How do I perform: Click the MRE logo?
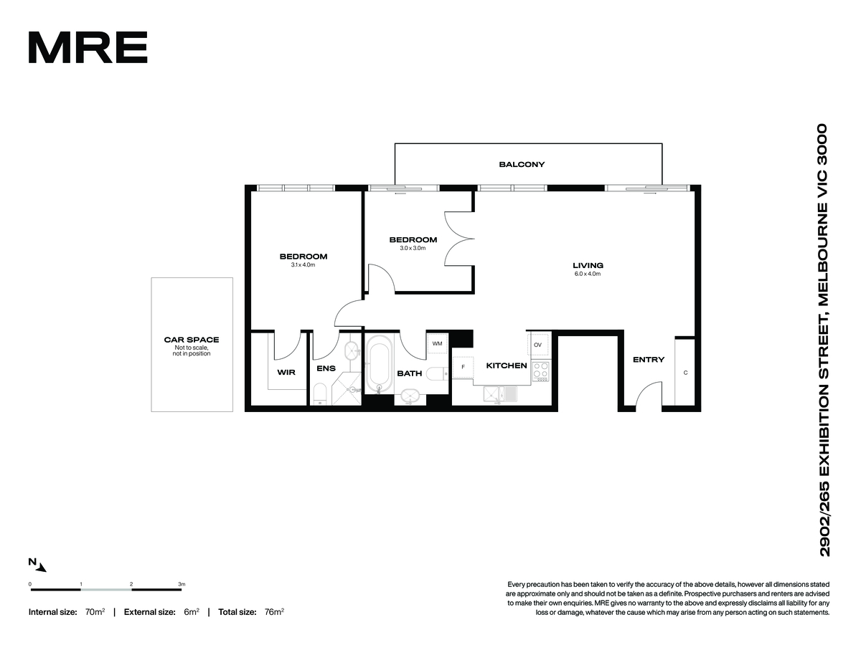click(88, 47)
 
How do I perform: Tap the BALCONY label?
click(522, 165)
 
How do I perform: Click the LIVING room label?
click(588, 265)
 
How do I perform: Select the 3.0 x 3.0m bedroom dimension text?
click(413, 248)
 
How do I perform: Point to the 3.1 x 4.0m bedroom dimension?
click(303, 264)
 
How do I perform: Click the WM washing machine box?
click(437, 343)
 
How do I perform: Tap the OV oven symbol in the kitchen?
click(538, 345)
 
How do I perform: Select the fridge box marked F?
click(463, 368)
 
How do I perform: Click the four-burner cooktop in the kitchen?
click(540, 371)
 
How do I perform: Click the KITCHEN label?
click(507, 365)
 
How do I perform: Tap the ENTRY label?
click(649, 360)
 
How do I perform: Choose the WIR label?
click(286, 372)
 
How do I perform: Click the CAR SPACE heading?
click(192, 340)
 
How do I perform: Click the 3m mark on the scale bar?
click(182, 584)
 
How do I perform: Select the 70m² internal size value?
click(95, 612)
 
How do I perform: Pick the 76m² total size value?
click(274, 612)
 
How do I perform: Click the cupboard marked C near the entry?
click(685, 372)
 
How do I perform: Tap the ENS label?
click(326, 368)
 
